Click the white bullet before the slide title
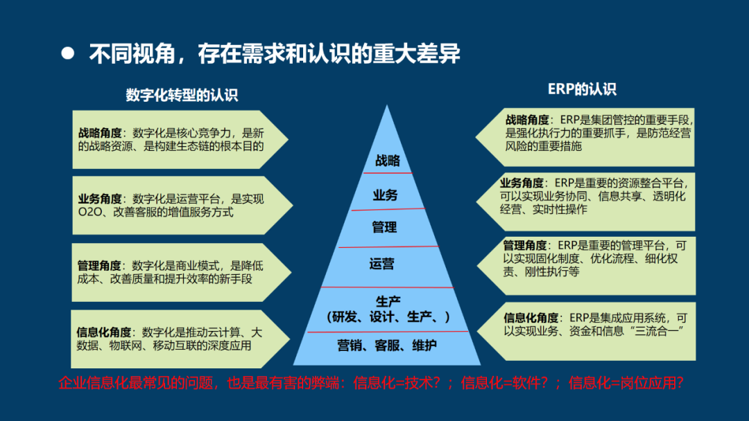pos(67,53)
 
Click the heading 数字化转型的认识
pos(182,95)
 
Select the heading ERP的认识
pos(582,89)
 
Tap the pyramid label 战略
pos(388,161)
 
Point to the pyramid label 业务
pos(386,195)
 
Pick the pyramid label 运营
pos(382,263)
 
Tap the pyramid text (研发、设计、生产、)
pos(388,317)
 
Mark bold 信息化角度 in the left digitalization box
pos(105,332)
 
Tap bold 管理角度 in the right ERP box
pos(525,245)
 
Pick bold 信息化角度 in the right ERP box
pos(531,318)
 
